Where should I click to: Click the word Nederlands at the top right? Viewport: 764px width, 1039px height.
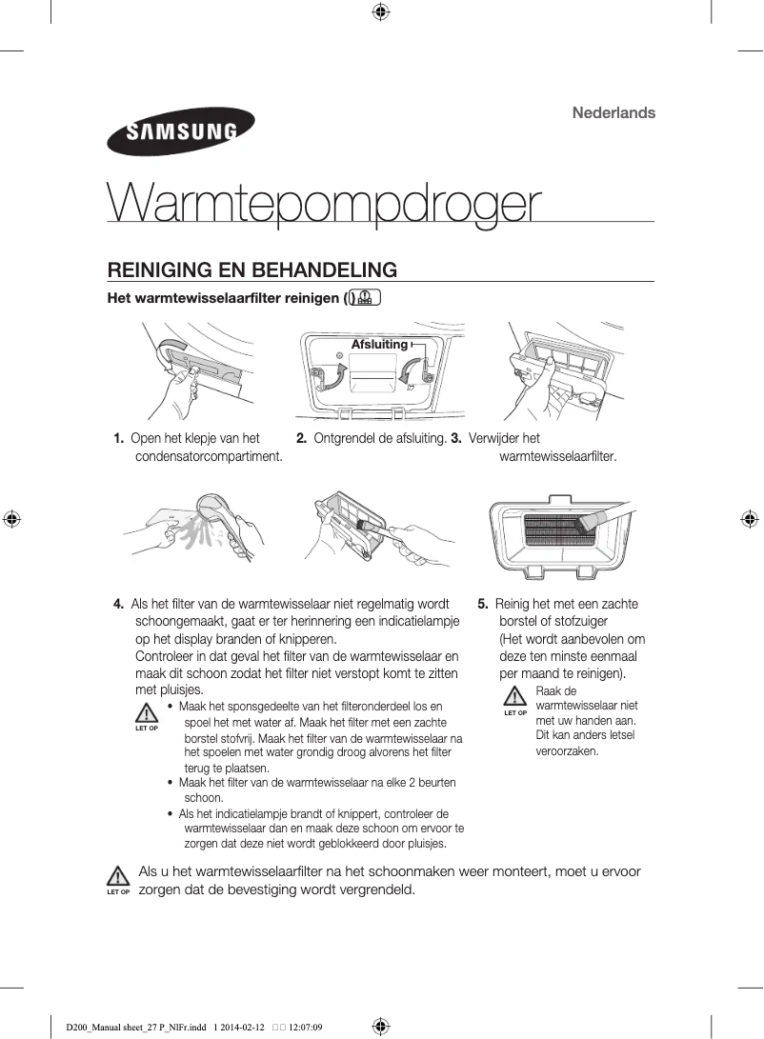[x=613, y=112]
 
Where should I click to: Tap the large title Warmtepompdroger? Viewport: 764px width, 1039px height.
[x=325, y=203]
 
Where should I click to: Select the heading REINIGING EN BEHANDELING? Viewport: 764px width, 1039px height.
[x=252, y=270]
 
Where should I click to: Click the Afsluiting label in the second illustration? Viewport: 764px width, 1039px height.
[x=379, y=344]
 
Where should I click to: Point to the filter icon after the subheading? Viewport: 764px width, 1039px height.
[x=365, y=299]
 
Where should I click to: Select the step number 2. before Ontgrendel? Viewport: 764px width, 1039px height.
[x=301, y=438]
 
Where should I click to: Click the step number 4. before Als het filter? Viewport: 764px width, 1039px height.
[x=118, y=604]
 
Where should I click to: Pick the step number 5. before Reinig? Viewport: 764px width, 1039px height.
[x=483, y=604]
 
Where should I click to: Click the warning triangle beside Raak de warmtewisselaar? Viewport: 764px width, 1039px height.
[x=515, y=697]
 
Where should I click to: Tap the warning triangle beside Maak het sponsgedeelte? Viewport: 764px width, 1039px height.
[x=146, y=713]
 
